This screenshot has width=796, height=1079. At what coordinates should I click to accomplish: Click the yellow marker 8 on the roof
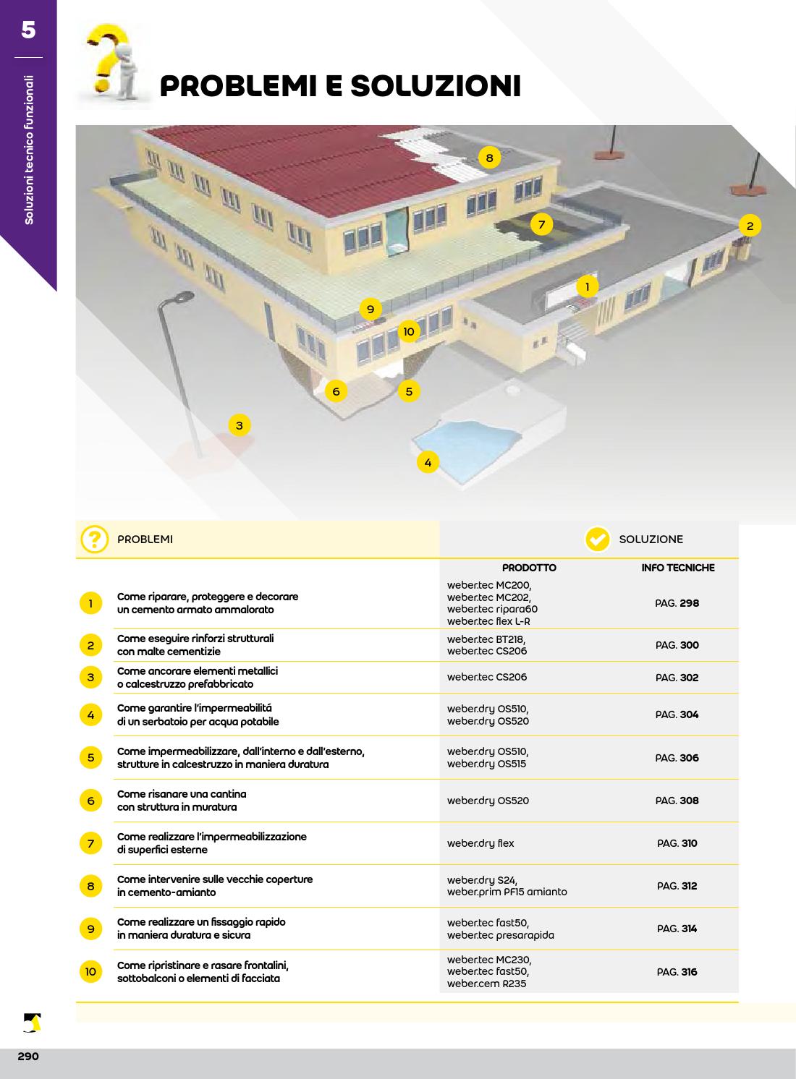tap(489, 158)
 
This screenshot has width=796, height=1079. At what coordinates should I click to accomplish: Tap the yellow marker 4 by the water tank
tap(428, 462)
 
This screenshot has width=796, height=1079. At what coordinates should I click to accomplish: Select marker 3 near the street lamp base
tap(240, 425)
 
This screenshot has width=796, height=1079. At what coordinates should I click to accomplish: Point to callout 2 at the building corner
tap(750, 226)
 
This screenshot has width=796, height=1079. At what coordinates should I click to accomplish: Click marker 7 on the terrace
tap(541, 224)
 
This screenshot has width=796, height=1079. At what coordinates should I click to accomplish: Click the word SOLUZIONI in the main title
tap(436, 86)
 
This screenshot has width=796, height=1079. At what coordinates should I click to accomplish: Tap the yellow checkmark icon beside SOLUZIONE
tap(597, 539)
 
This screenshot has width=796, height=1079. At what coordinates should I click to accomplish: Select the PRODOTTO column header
tap(529, 568)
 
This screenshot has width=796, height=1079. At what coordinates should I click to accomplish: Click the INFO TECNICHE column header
tap(678, 568)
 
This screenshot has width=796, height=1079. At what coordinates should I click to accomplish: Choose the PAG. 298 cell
tap(677, 603)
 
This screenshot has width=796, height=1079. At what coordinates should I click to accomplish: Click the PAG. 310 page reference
tap(677, 843)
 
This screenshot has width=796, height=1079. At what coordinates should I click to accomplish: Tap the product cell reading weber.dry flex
tap(480, 843)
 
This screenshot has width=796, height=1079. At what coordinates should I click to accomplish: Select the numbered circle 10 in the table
tap(90, 971)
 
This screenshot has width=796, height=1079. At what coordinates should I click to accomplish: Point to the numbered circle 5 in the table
tap(90, 758)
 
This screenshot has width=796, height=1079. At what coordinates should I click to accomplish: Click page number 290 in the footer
tap(28, 1057)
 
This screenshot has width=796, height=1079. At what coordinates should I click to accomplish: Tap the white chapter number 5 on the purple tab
tap(28, 30)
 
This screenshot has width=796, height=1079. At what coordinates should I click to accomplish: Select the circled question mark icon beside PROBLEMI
tap(95, 539)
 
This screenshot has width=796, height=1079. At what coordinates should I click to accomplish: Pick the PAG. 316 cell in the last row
tap(677, 972)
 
